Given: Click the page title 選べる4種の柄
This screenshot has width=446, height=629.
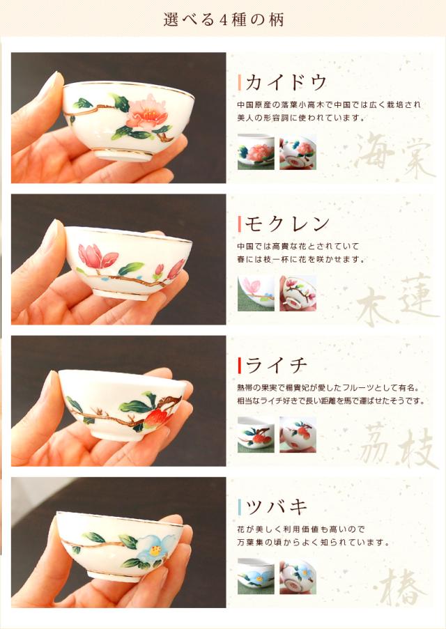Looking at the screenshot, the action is (x=223, y=20).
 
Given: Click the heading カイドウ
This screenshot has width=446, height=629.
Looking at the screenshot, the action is (x=286, y=83).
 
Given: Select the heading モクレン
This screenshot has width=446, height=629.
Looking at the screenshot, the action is (x=287, y=224).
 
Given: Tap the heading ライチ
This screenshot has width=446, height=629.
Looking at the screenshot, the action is (x=276, y=365).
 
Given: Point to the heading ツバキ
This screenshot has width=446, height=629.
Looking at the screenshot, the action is (x=276, y=506).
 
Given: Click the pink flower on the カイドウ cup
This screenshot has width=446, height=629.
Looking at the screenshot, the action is (x=145, y=112).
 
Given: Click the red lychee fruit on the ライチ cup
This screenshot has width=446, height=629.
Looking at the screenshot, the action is (x=157, y=418).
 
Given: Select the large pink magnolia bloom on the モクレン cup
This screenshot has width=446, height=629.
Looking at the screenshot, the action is (x=97, y=256).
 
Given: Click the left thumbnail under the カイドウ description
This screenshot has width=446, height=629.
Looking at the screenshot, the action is (x=256, y=152).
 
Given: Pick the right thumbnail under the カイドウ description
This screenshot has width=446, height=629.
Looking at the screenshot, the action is (x=298, y=152).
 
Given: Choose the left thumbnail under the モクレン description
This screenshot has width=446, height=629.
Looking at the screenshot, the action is (x=256, y=293).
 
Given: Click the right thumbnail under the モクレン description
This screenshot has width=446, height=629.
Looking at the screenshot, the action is (x=298, y=293).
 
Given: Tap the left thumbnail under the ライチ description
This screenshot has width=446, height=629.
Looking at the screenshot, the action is (x=256, y=435).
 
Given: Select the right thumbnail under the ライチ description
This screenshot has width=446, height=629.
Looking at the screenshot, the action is (x=298, y=435).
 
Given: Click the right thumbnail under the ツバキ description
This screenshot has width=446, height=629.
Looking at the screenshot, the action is (x=298, y=576).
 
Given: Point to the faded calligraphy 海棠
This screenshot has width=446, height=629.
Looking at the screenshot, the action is (x=394, y=155).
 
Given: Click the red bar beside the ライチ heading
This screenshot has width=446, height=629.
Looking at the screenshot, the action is (x=239, y=365).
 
